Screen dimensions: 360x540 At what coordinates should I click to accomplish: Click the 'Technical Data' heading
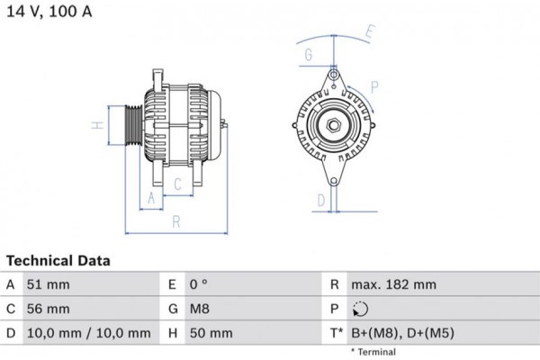click(58, 261)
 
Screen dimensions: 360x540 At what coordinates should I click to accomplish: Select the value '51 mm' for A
click(50, 285)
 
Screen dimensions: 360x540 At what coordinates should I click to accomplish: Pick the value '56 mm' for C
click(50, 309)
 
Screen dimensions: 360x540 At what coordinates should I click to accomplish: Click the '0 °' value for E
click(199, 285)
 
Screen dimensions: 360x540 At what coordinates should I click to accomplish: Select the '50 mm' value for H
click(211, 333)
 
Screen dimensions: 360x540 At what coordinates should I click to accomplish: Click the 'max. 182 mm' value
click(393, 285)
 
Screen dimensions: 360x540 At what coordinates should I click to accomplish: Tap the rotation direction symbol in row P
click(360, 310)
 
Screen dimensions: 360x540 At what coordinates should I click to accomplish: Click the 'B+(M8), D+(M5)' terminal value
click(403, 333)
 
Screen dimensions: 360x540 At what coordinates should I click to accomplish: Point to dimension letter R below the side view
click(176, 220)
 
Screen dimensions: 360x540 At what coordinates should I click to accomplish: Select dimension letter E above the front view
click(370, 33)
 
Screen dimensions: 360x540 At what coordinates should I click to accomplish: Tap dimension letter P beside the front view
click(373, 87)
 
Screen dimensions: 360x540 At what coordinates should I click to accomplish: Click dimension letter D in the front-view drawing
click(319, 200)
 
